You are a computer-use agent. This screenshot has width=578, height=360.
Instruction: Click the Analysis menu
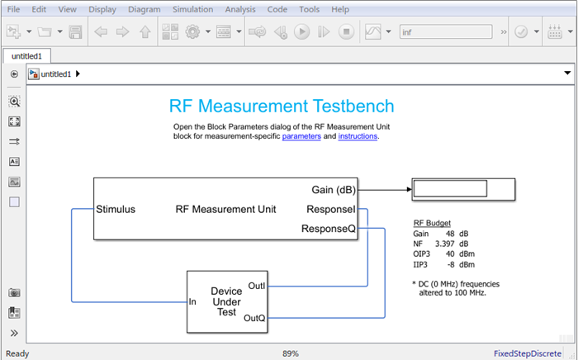pyautogui.click(x=240, y=9)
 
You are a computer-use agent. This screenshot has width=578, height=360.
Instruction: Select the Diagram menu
pyautogui.click(x=144, y=9)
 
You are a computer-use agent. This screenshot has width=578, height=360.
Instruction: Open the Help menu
pyautogui.click(x=340, y=9)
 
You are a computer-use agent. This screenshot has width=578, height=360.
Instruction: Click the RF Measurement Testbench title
pyautogui.click(x=282, y=107)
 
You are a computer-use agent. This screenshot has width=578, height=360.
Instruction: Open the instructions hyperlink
pyautogui.click(x=358, y=136)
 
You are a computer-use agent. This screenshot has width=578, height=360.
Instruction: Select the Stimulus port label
pyautogui.click(x=116, y=209)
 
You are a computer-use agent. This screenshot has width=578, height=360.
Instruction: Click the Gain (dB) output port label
pyautogui.click(x=334, y=190)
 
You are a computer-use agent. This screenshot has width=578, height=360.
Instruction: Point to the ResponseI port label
pyautogui.click(x=331, y=209)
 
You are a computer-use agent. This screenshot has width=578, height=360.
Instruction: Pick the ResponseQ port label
pyautogui.click(x=329, y=228)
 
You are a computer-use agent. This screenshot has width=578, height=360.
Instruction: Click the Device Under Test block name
pyautogui.click(x=226, y=301)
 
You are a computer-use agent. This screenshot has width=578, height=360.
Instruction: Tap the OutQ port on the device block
pyautogui.click(x=255, y=317)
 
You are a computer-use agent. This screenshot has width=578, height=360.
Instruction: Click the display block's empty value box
pyautogui.click(x=450, y=189)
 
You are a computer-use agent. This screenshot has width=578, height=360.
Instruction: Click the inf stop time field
pyautogui.click(x=446, y=32)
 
